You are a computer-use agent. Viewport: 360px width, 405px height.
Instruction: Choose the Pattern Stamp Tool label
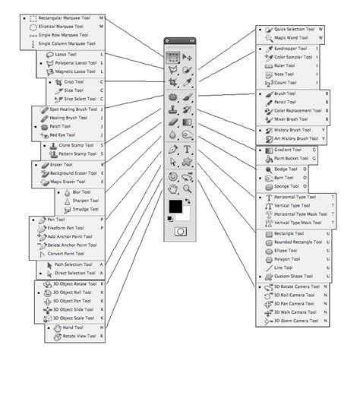point(77,154)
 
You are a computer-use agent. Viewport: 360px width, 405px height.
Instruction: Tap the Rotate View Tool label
point(83,335)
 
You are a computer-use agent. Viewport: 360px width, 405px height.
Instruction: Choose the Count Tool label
point(286,84)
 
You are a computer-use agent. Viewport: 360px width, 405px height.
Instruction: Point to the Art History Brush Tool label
point(296,139)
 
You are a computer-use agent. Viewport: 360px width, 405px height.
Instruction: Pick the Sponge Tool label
point(288,185)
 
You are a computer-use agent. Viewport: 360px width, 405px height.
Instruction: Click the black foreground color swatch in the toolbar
point(175,207)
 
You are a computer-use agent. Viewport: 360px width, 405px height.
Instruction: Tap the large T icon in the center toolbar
point(187,150)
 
